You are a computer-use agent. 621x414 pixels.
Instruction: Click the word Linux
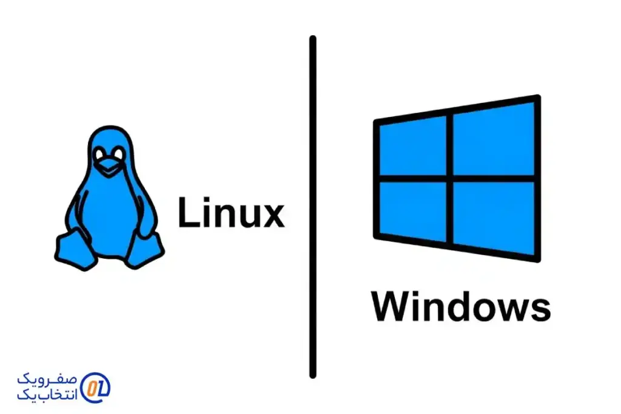point(230,213)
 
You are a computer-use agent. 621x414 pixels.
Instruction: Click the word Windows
point(461,307)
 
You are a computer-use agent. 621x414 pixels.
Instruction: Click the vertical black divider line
point(313,206)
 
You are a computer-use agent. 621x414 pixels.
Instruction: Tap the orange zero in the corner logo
point(90,386)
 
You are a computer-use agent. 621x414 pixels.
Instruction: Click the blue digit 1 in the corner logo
point(101,386)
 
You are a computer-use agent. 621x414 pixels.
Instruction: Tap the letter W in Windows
point(389,307)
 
